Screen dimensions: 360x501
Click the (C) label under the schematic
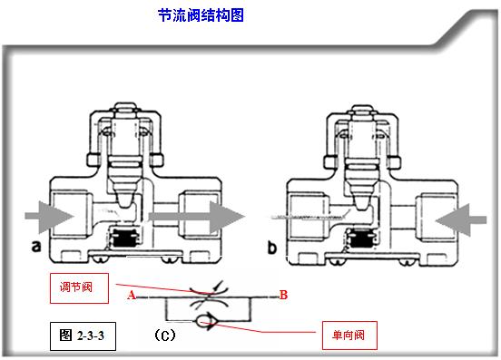pyautogui.click(x=163, y=335)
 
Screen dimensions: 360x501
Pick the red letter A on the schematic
pyautogui.click(x=132, y=296)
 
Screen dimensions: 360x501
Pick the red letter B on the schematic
pyautogui.click(x=283, y=295)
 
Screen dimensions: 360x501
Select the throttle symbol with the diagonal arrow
pyautogui.click(x=208, y=295)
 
